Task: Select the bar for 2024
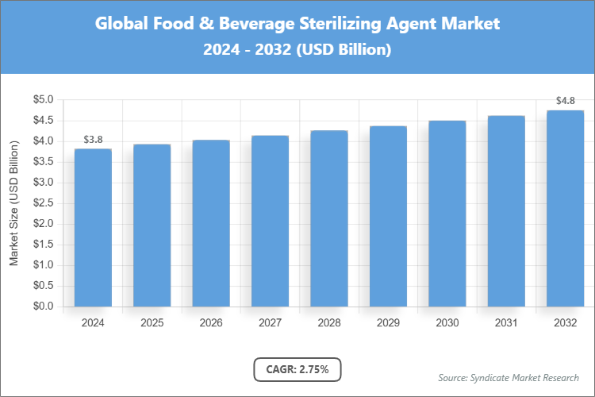[x=93, y=228]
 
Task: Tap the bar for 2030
[x=447, y=214]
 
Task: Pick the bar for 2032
[x=566, y=208]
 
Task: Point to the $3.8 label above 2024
[x=93, y=140]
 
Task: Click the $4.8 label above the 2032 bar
[x=566, y=101]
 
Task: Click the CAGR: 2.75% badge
[x=297, y=369]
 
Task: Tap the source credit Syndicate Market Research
[x=509, y=377]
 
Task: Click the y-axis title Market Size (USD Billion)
[x=13, y=203]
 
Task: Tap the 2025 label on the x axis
[x=152, y=323]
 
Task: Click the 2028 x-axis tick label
[x=329, y=323]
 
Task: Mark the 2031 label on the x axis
[x=506, y=323]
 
